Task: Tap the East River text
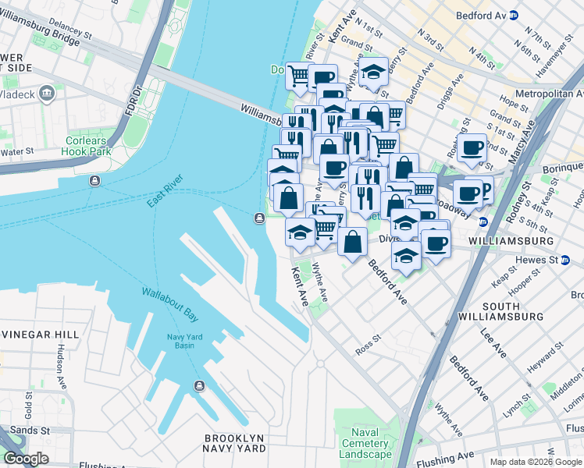(166, 196)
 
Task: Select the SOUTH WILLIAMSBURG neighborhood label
(512, 311)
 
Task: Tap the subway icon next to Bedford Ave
(514, 15)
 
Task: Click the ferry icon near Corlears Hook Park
(94, 181)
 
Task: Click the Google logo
(27, 459)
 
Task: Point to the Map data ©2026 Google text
(535, 462)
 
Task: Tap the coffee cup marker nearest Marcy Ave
(472, 148)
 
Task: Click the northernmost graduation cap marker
(374, 73)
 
